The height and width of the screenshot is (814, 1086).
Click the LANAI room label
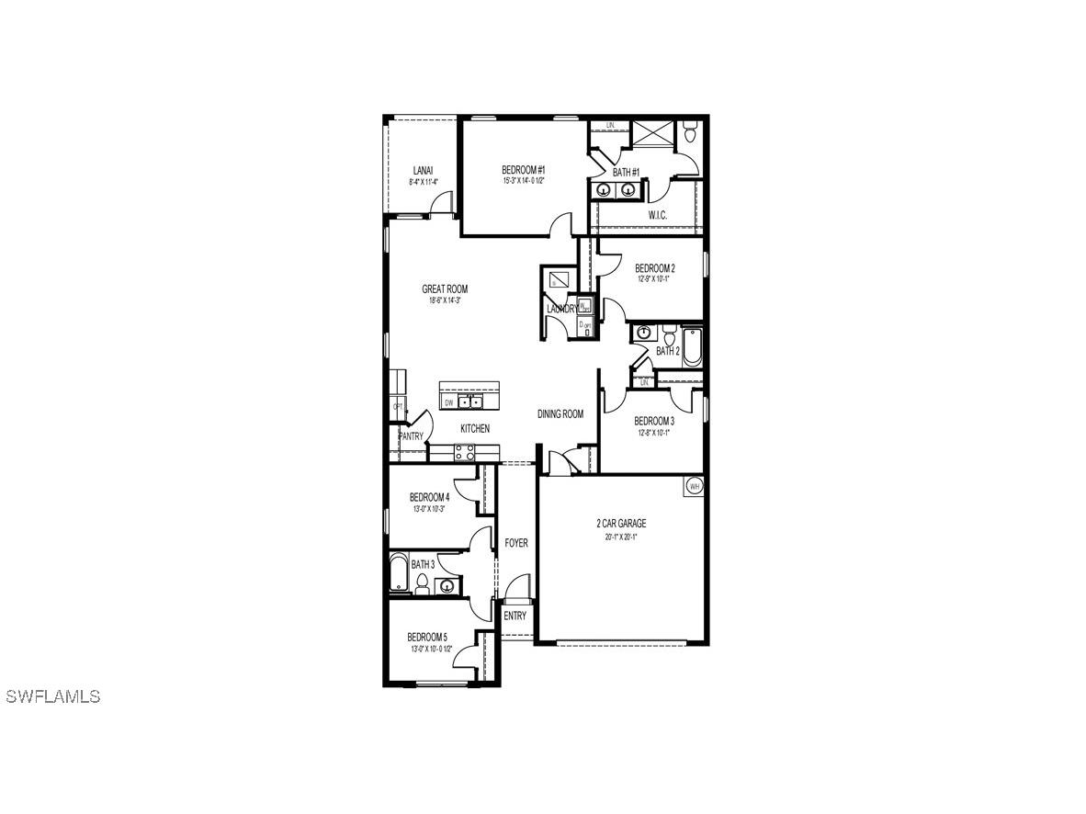point(423,170)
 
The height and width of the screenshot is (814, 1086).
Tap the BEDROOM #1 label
point(524,170)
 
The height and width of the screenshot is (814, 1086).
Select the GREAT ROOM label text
point(445,289)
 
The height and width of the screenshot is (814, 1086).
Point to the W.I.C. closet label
point(657,215)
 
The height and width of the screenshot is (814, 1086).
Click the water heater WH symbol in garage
point(695,485)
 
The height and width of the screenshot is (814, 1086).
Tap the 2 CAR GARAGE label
point(620,524)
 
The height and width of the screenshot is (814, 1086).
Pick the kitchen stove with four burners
point(465,452)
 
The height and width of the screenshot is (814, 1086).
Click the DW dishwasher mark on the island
point(449,402)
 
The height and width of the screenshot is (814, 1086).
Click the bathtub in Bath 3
point(398,571)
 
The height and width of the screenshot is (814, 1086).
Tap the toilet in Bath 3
point(422,583)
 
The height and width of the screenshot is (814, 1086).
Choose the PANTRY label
point(411,436)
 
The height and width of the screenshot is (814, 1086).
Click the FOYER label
point(516,543)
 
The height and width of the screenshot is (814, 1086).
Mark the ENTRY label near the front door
point(515,616)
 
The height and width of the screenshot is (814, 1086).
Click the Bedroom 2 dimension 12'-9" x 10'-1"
point(654,279)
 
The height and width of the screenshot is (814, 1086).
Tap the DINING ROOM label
point(560,414)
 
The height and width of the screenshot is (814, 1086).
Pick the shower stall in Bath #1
point(655,133)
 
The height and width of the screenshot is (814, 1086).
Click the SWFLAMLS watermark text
point(52,696)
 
